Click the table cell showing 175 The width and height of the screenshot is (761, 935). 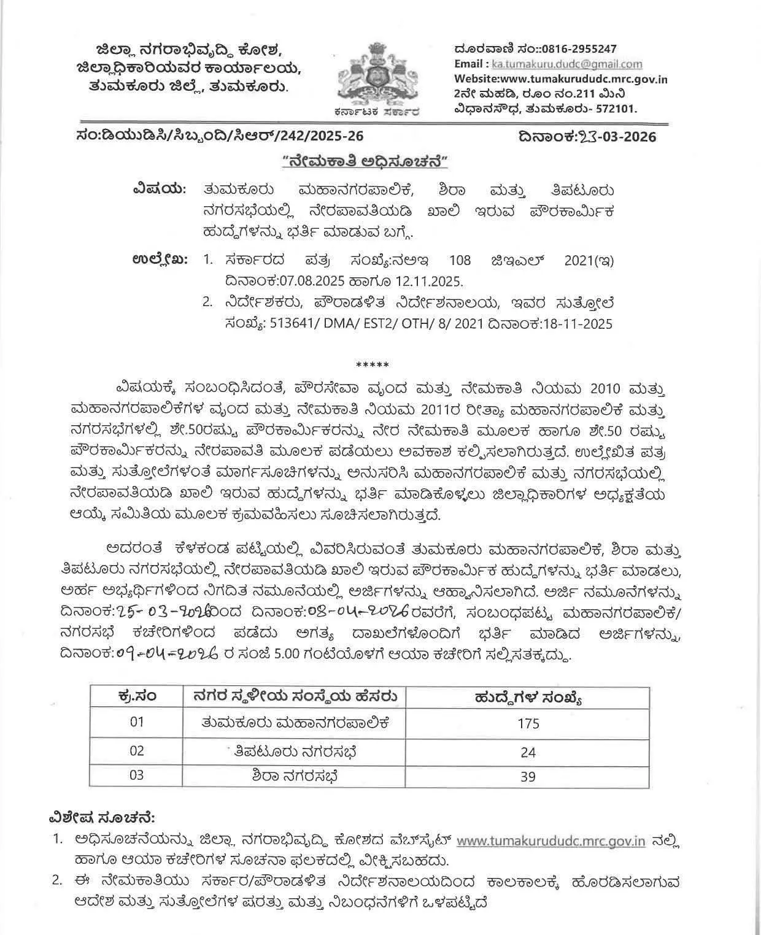tap(528, 723)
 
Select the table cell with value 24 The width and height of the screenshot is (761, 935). tap(528, 752)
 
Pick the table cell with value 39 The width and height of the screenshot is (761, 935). tap(528, 777)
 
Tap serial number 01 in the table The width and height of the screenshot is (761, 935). tap(136, 721)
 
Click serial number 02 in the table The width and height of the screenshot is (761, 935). tap(136, 751)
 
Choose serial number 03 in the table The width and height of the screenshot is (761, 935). tap(136, 775)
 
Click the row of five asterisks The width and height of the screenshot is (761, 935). tap(377, 365)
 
